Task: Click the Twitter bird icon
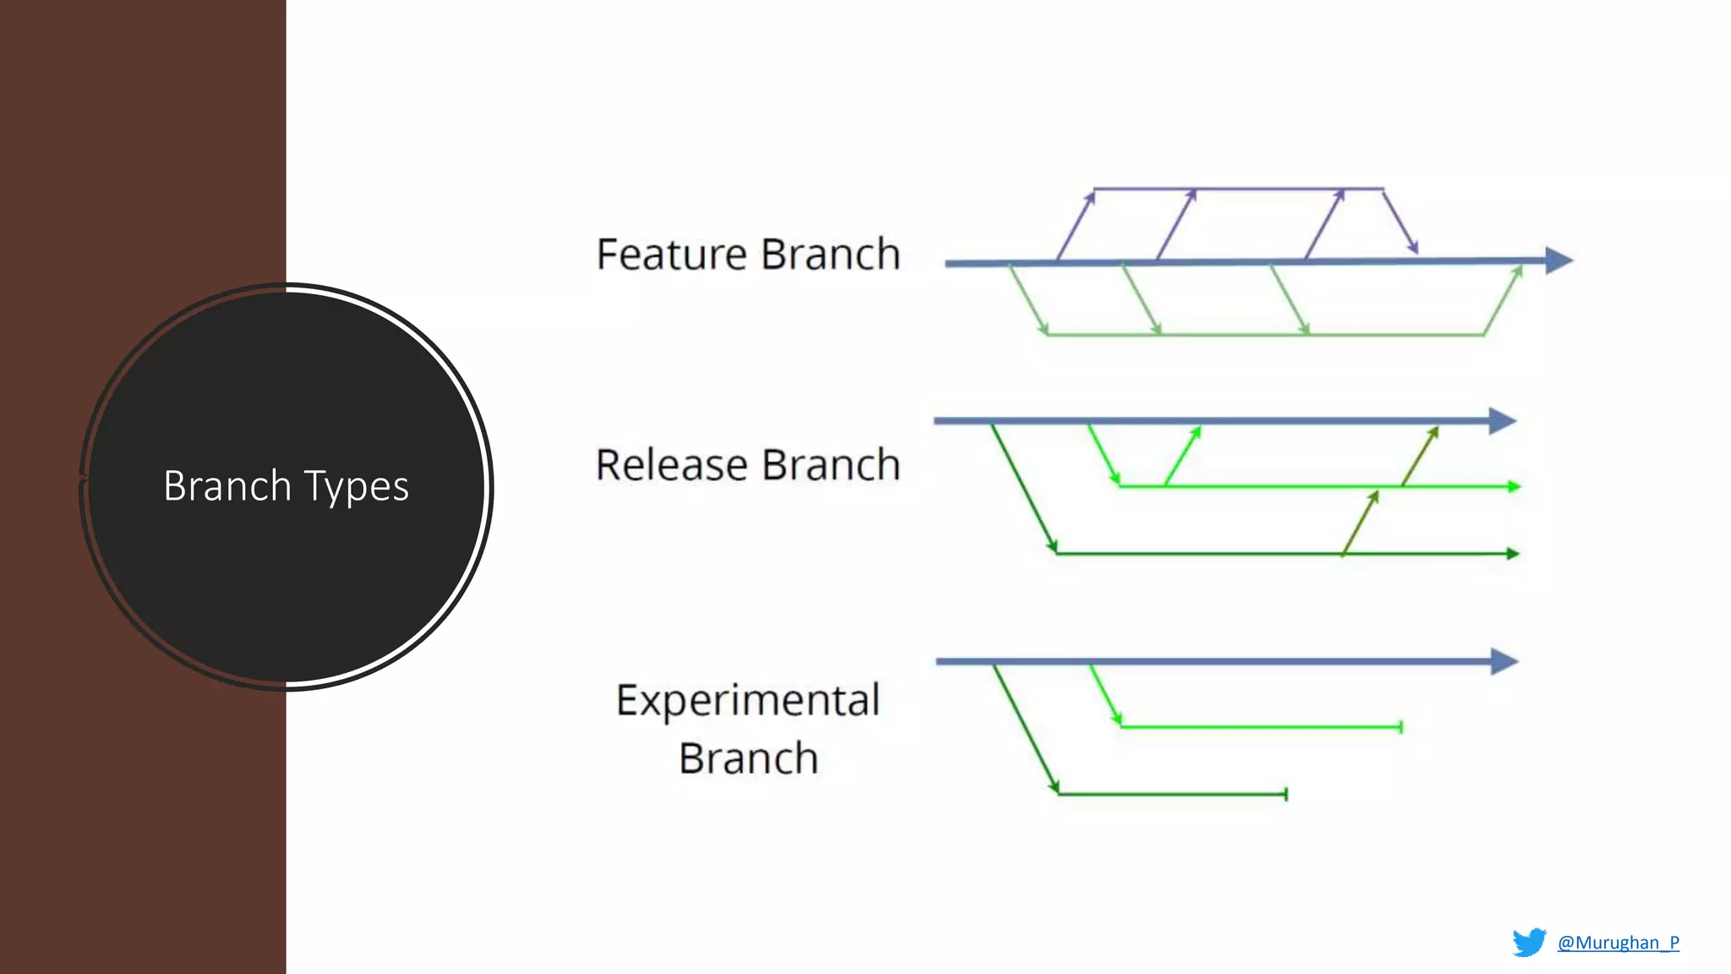(1529, 943)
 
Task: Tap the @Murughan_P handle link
(1618, 943)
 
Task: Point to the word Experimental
(747, 701)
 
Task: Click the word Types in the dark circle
(356, 486)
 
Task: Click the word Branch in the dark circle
(227, 486)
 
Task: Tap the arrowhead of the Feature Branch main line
(1559, 260)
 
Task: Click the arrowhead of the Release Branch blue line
(1502, 420)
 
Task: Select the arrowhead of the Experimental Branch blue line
(1504, 661)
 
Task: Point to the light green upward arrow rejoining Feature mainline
(1504, 299)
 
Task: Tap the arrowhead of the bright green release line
(1514, 486)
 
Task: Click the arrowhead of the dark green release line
(1513, 554)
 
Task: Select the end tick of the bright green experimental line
(1401, 727)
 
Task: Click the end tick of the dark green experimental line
(1286, 794)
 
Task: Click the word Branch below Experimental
(748, 758)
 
